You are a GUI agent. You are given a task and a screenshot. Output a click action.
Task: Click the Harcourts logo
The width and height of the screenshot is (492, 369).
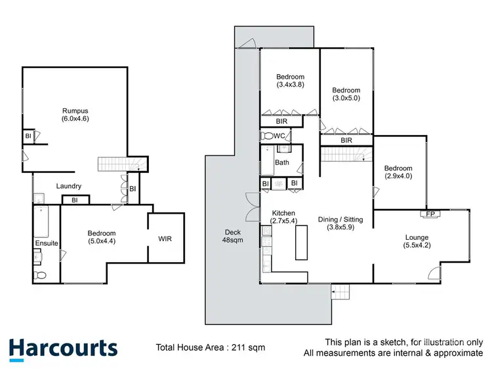(63, 348)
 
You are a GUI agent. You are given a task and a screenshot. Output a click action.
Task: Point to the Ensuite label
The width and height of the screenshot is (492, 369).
(47, 244)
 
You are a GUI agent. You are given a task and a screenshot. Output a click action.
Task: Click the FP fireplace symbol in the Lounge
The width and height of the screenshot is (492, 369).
(430, 214)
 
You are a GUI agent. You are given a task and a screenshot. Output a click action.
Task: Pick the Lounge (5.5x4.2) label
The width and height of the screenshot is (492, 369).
(417, 241)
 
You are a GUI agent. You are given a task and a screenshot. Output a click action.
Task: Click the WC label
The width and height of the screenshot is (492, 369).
(279, 136)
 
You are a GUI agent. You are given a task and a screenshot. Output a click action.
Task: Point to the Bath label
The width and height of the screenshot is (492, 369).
(282, 163)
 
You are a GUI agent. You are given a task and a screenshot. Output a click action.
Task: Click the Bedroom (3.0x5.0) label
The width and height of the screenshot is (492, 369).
(346, 94)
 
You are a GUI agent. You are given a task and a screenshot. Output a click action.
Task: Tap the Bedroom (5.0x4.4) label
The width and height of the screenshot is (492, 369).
(102, 237)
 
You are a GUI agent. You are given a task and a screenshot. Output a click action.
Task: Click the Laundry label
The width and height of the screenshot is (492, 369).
(68, 186)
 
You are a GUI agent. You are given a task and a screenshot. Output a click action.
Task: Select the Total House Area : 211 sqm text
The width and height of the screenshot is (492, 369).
(210, 348)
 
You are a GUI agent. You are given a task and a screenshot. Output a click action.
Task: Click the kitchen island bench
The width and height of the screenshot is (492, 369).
(301, 244)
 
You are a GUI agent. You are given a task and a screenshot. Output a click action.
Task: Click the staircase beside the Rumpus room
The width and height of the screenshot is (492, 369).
(119, 163)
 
